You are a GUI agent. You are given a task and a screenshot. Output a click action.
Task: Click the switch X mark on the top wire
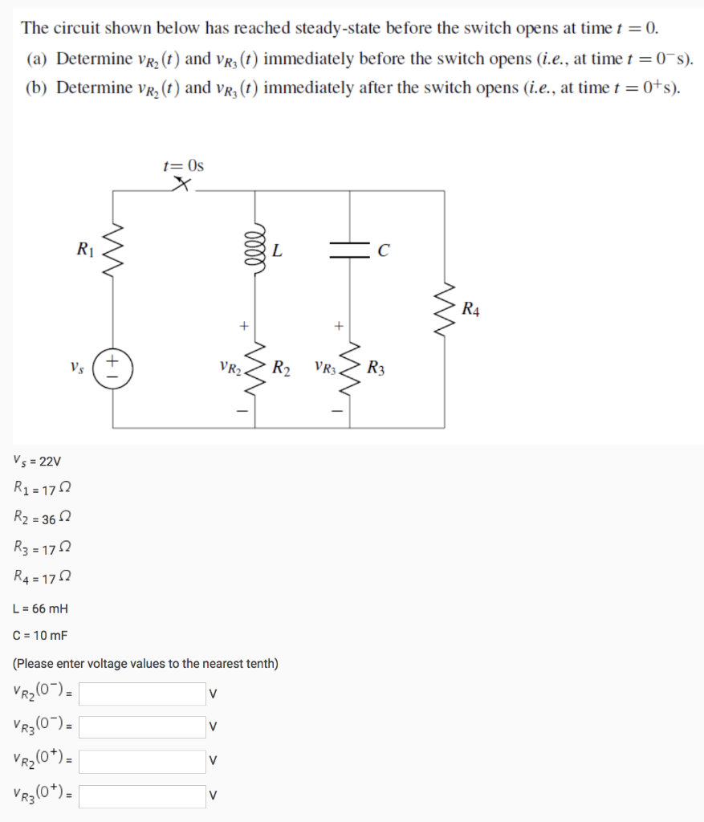click(182, 186)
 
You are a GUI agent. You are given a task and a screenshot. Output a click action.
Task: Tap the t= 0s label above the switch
click(183, 166)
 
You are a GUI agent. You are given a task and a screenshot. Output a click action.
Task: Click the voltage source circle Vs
click(112, 368)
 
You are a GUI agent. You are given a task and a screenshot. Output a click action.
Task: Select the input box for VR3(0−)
click(142, 727)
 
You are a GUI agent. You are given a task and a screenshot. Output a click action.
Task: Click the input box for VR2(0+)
click(142, 761)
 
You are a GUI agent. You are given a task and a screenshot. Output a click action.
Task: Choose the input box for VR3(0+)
click(142, 796)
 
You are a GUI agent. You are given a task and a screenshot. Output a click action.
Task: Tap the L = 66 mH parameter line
click(41, 609)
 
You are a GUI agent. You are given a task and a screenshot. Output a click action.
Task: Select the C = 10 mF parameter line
click(41, 637)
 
